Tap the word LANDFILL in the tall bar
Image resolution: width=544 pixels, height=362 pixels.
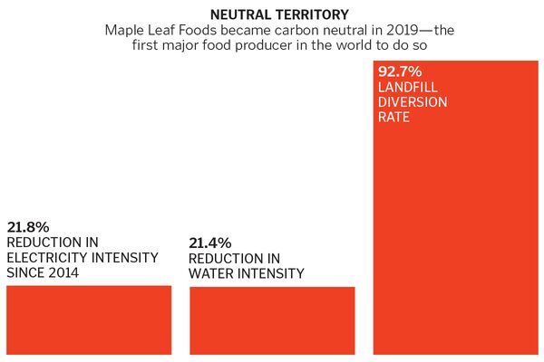coord(405,86)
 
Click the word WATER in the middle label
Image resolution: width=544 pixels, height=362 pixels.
coord(211,273)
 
